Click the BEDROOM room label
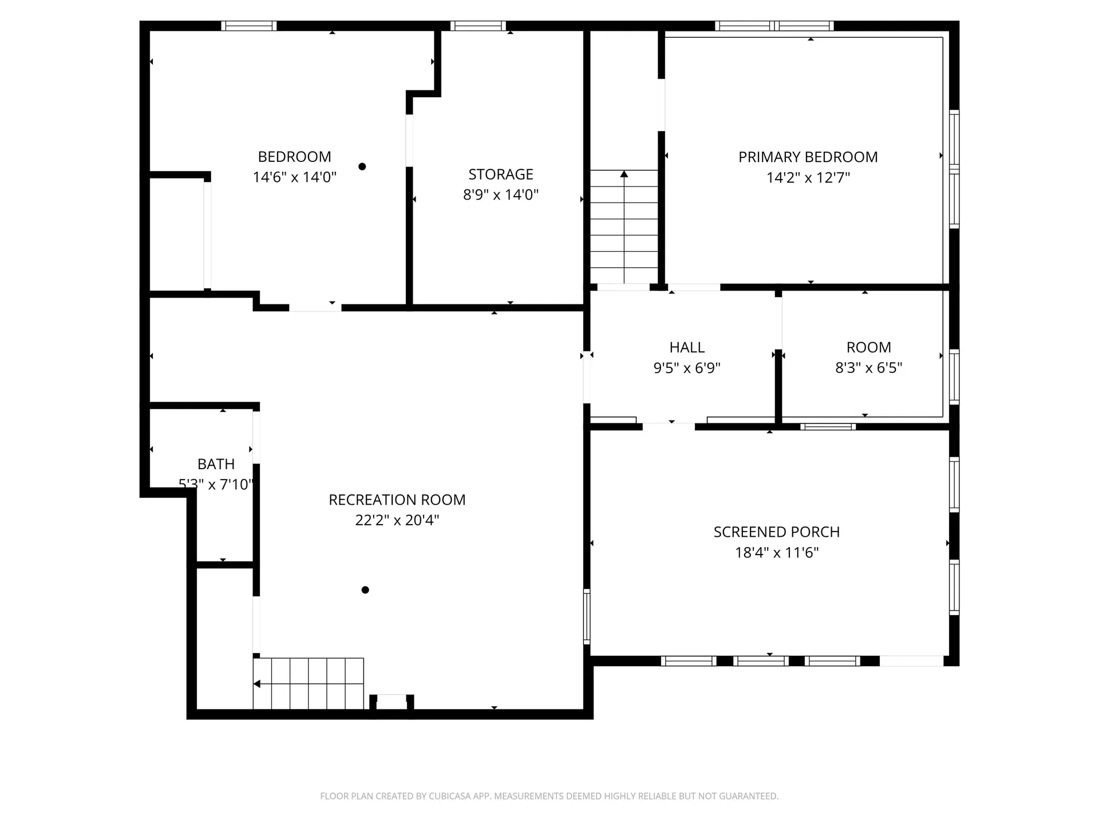point(294,157)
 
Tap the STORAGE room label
point(501,174)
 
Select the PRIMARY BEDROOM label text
point(808,157)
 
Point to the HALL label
point(687,347)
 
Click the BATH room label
point(216,464)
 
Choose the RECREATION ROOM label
point(397,500)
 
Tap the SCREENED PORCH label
point(777,532)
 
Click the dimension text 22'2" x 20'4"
point(397,520)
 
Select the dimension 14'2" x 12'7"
point(808,177)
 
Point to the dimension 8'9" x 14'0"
point(501,195)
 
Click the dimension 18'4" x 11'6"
point(777,552)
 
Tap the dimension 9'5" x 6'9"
point(687,367)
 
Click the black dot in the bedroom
point(362,167)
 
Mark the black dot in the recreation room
point(365,590)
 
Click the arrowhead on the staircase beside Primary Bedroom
point(624,174)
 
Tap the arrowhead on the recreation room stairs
point(258,684)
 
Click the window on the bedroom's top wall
point(249,26)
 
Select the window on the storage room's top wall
point(478,26)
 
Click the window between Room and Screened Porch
point(828,427)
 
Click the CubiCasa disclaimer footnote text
point(549,796)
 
